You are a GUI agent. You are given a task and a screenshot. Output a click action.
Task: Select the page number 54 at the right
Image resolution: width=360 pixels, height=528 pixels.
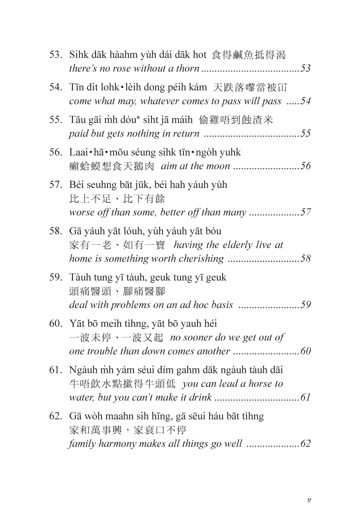(305, 101)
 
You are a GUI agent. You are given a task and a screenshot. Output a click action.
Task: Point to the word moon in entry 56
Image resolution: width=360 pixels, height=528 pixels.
(220, 166)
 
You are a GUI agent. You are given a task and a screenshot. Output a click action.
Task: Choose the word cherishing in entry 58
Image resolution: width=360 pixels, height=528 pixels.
(202, 258)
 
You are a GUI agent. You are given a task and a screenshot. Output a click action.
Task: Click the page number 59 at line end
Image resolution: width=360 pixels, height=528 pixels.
(305, 305)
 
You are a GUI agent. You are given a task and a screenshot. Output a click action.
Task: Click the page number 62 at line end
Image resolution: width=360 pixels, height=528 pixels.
(305, 444)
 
